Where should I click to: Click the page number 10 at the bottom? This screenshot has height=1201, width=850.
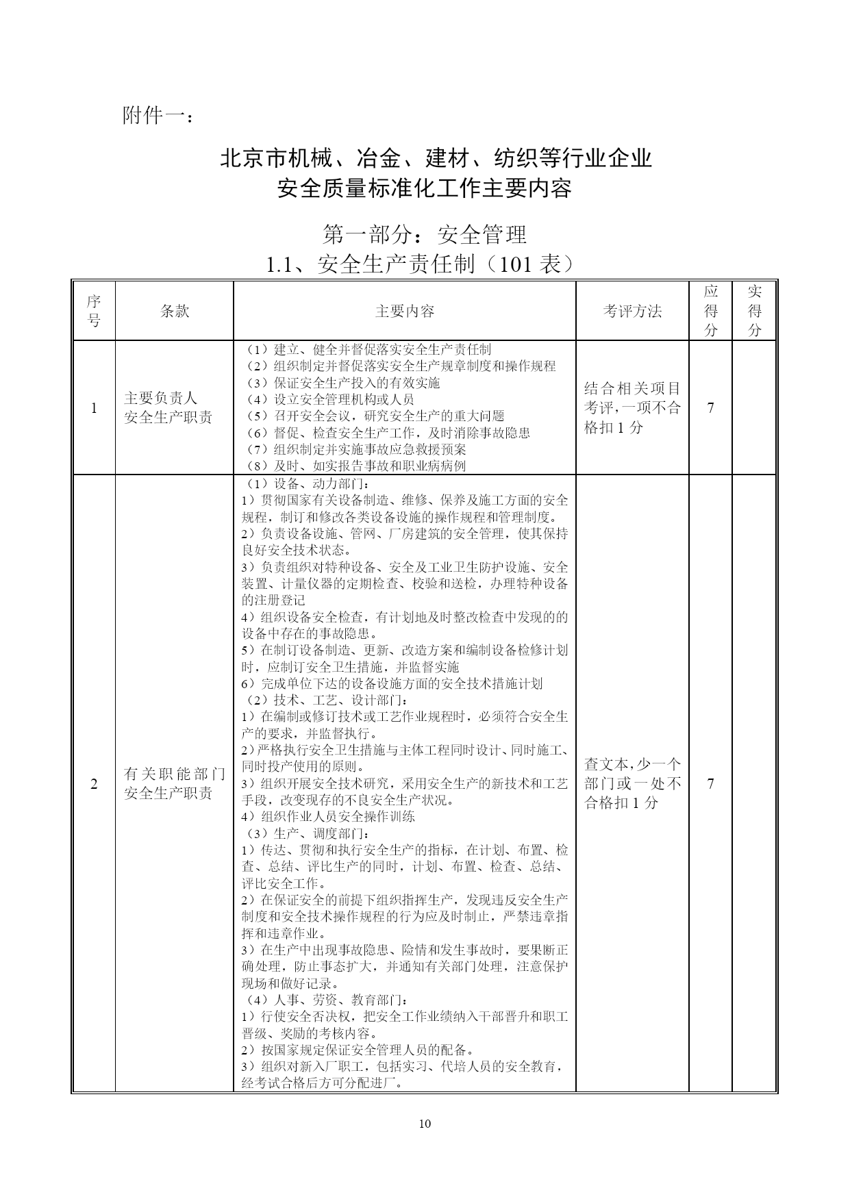[425, 1123]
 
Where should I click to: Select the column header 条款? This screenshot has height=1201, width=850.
[174, 312]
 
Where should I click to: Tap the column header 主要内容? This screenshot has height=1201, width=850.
[404, 312]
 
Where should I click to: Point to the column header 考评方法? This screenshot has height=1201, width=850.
[632, 312]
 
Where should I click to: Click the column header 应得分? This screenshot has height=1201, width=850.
[711, 311]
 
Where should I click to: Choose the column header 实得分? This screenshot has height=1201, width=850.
[754, 311]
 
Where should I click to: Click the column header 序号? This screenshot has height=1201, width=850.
[94, 311]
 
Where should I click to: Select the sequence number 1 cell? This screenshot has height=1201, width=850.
[94, 408]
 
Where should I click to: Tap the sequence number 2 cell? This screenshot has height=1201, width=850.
[94, 783]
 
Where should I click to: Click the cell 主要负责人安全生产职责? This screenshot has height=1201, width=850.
[168, 407]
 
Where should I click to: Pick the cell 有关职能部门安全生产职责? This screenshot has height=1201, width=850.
[174, 783]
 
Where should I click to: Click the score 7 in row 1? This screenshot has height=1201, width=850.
[711, 408]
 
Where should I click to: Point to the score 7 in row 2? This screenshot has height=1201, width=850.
[711, 783]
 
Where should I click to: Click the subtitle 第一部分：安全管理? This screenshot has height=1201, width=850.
[425, 235]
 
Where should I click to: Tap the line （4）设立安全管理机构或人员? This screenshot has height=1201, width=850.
[330, 399]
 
